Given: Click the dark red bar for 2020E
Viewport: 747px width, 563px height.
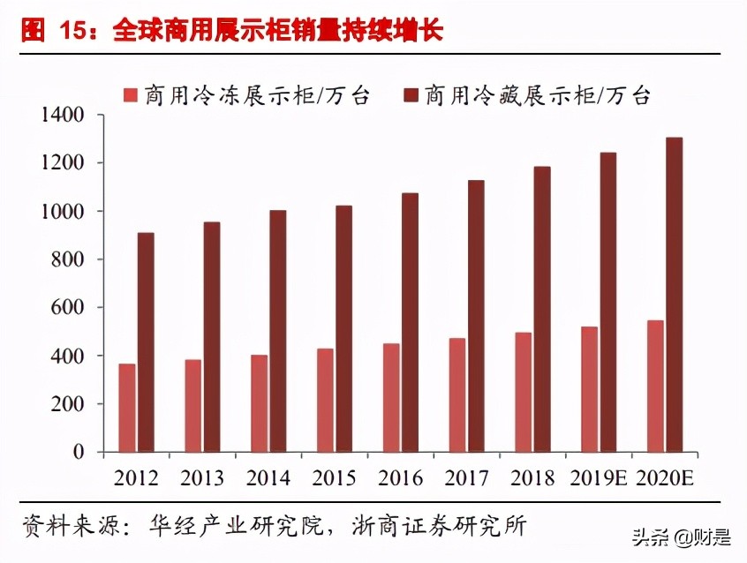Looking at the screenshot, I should [674, 295].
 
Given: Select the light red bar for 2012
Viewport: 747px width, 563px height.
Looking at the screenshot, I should [127, 408].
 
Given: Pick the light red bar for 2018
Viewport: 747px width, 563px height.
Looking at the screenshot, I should [524, 392].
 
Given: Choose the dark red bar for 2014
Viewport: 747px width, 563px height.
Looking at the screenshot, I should [277, 331].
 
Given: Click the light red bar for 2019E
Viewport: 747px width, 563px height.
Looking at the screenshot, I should [590, 389].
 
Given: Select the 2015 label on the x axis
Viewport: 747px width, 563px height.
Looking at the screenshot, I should [334, 478].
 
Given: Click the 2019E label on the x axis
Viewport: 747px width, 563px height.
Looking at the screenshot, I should [598, 478].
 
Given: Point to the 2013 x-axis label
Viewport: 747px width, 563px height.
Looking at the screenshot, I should [202, 478].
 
